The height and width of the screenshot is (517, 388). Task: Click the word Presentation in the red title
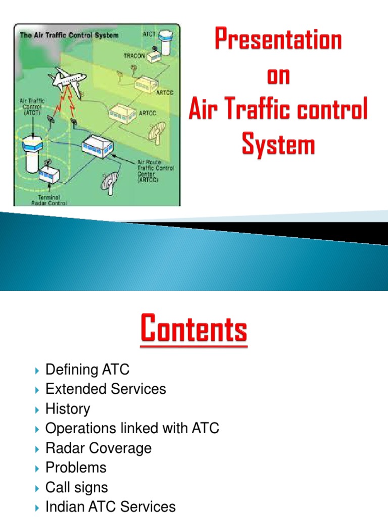(278, 40)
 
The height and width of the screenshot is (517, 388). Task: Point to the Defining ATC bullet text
(87, 370)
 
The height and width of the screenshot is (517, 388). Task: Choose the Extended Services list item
(106, 389)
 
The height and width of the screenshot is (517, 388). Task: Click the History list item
(68, 408)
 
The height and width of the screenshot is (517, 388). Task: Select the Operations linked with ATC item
(132, 428)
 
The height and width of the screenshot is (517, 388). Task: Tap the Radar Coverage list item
(99, 448)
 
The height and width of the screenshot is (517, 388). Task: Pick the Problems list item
(76, 468)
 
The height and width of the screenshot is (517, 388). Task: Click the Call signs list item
(77, 487)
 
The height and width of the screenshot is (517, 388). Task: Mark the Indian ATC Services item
(111, 506)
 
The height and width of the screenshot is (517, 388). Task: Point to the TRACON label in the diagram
(134, 56)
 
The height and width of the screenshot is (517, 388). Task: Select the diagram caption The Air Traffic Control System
(69, 36)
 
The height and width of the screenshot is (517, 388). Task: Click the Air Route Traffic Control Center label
(156, 168)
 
